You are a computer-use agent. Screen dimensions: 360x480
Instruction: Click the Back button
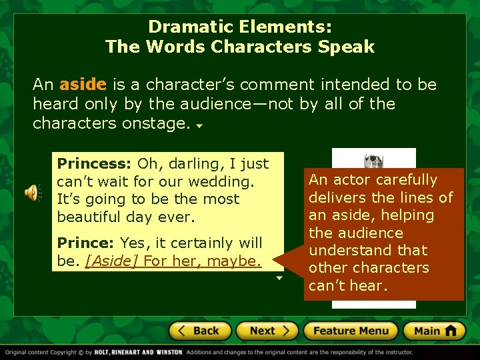[x=199, y=331]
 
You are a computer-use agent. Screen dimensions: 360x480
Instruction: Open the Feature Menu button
[x=350, y=331]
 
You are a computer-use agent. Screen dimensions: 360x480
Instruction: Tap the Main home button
[x=433, y=331]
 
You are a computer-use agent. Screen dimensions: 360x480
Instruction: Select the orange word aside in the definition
[x=83, y=85]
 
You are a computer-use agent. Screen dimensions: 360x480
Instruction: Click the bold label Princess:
[x=95, y=163]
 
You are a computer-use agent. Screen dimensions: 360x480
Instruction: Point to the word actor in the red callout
[x=351, y=180]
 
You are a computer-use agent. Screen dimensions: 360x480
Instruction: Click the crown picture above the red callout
[x=373, y=161]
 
